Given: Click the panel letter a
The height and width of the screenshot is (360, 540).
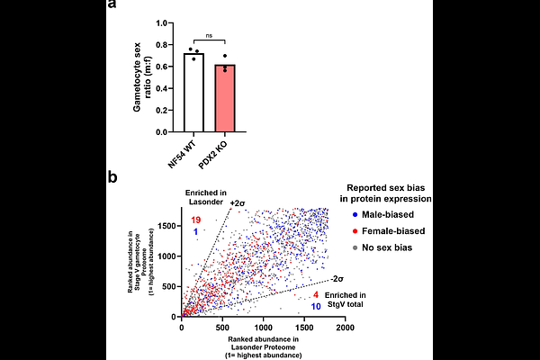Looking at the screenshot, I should coord(112,7).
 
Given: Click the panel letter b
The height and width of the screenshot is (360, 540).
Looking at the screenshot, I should coord(112,178).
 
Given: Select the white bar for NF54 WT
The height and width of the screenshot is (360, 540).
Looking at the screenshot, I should coord(194,94).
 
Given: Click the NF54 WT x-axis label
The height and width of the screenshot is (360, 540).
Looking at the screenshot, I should coord(185,154).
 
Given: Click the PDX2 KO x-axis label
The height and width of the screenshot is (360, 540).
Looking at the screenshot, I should coord(221,154).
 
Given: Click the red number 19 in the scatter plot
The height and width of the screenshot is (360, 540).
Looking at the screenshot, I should coord(195,220).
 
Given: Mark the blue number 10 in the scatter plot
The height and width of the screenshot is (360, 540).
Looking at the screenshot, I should coord(315,308).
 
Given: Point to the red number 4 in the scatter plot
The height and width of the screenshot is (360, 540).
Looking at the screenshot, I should coord(315,296).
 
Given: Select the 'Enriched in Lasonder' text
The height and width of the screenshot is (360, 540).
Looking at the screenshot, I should coord(206,198).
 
